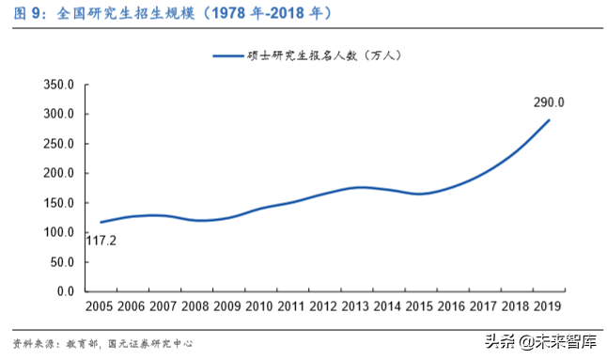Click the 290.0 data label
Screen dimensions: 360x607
[x=549, y=102]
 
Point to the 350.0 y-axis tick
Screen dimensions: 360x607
[x=58, y=85]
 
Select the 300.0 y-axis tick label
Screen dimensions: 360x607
[x=58, y=115]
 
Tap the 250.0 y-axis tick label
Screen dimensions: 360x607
[x=58, y=144]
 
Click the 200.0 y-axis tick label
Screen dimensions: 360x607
[x=58, y=174]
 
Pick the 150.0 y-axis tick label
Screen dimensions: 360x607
[x=58, y=203]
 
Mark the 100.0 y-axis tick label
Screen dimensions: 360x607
[x=58, y=233]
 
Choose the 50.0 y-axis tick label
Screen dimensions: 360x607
[x=62, y=262]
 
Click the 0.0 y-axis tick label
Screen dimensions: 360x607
[x=65, y=291]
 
